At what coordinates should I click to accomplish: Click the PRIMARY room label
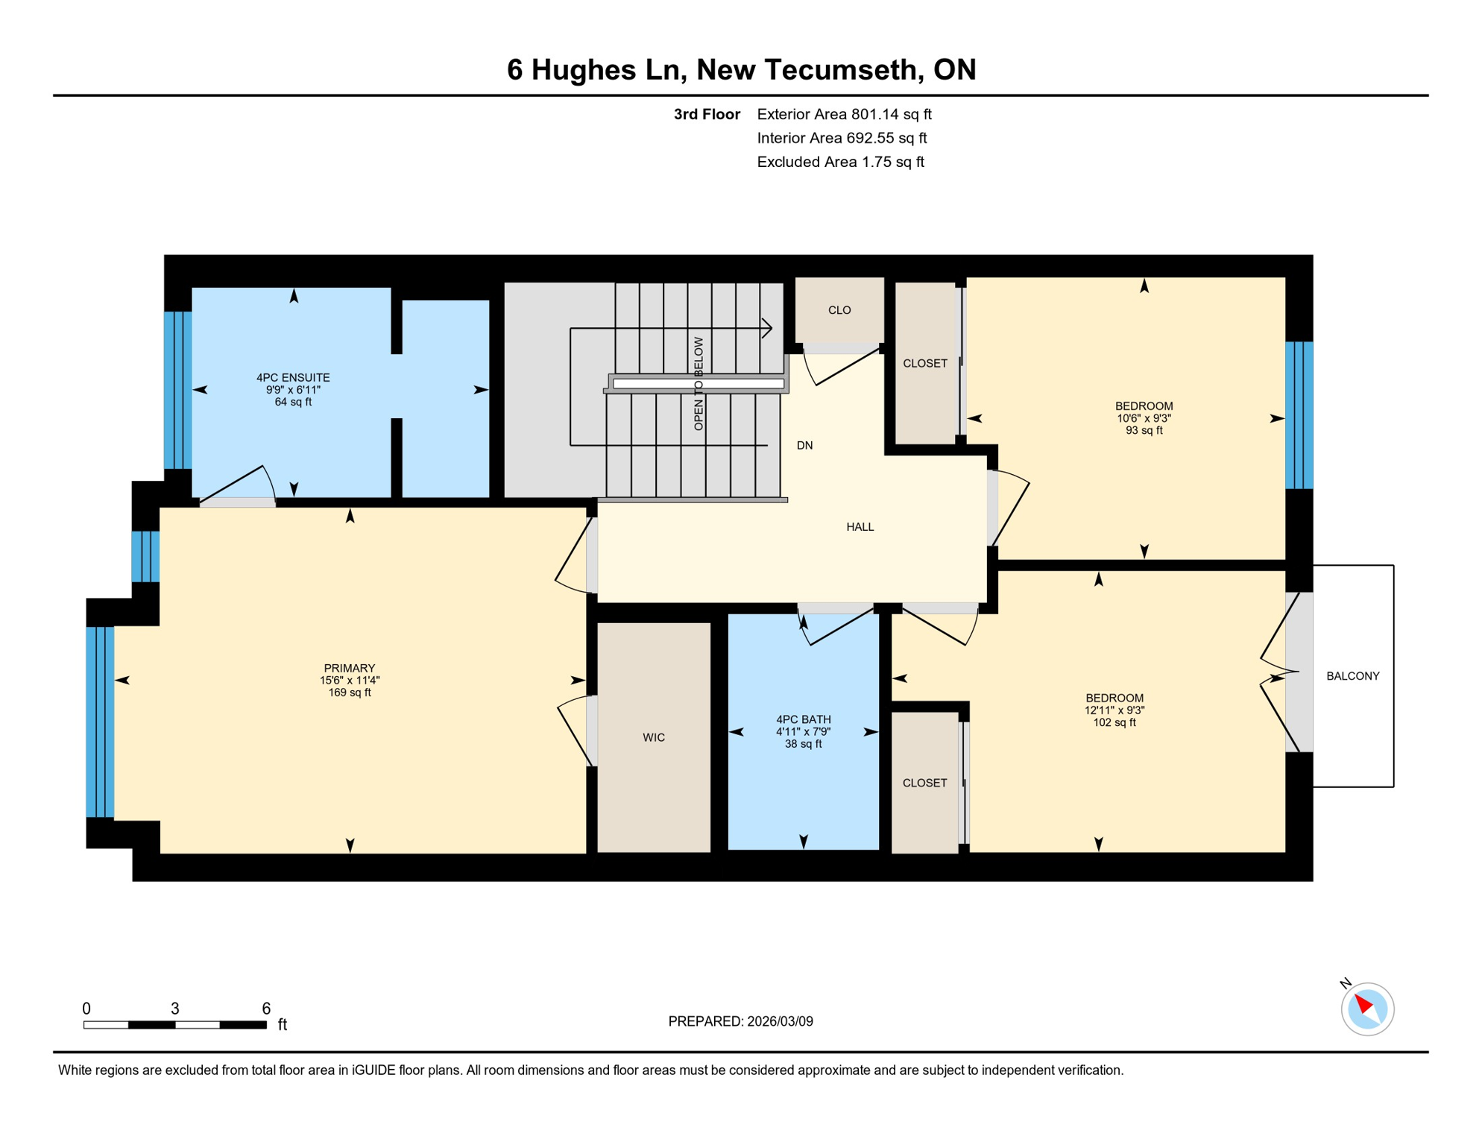349,668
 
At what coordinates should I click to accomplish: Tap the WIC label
653,737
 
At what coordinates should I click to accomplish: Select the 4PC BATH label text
803,719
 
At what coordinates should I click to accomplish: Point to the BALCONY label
1352,676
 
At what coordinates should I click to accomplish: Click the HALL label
860,527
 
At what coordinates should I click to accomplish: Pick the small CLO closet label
839,310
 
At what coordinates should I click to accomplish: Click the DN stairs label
804,446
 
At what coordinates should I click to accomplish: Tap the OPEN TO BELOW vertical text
699,383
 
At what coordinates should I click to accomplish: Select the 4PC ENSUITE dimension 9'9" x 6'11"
293,390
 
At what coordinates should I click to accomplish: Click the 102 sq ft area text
1114,722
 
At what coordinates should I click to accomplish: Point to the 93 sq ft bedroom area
1144,430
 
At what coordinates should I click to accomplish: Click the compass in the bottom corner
1366,1009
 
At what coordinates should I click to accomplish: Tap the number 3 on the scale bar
175,1009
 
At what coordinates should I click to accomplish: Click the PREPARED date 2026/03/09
780,1021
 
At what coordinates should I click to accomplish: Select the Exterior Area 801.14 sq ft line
844,114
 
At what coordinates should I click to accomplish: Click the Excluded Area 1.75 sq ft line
840,162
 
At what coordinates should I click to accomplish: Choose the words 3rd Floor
707,114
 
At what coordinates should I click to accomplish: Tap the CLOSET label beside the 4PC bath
924,783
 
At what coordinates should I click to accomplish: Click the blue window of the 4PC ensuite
178,390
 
